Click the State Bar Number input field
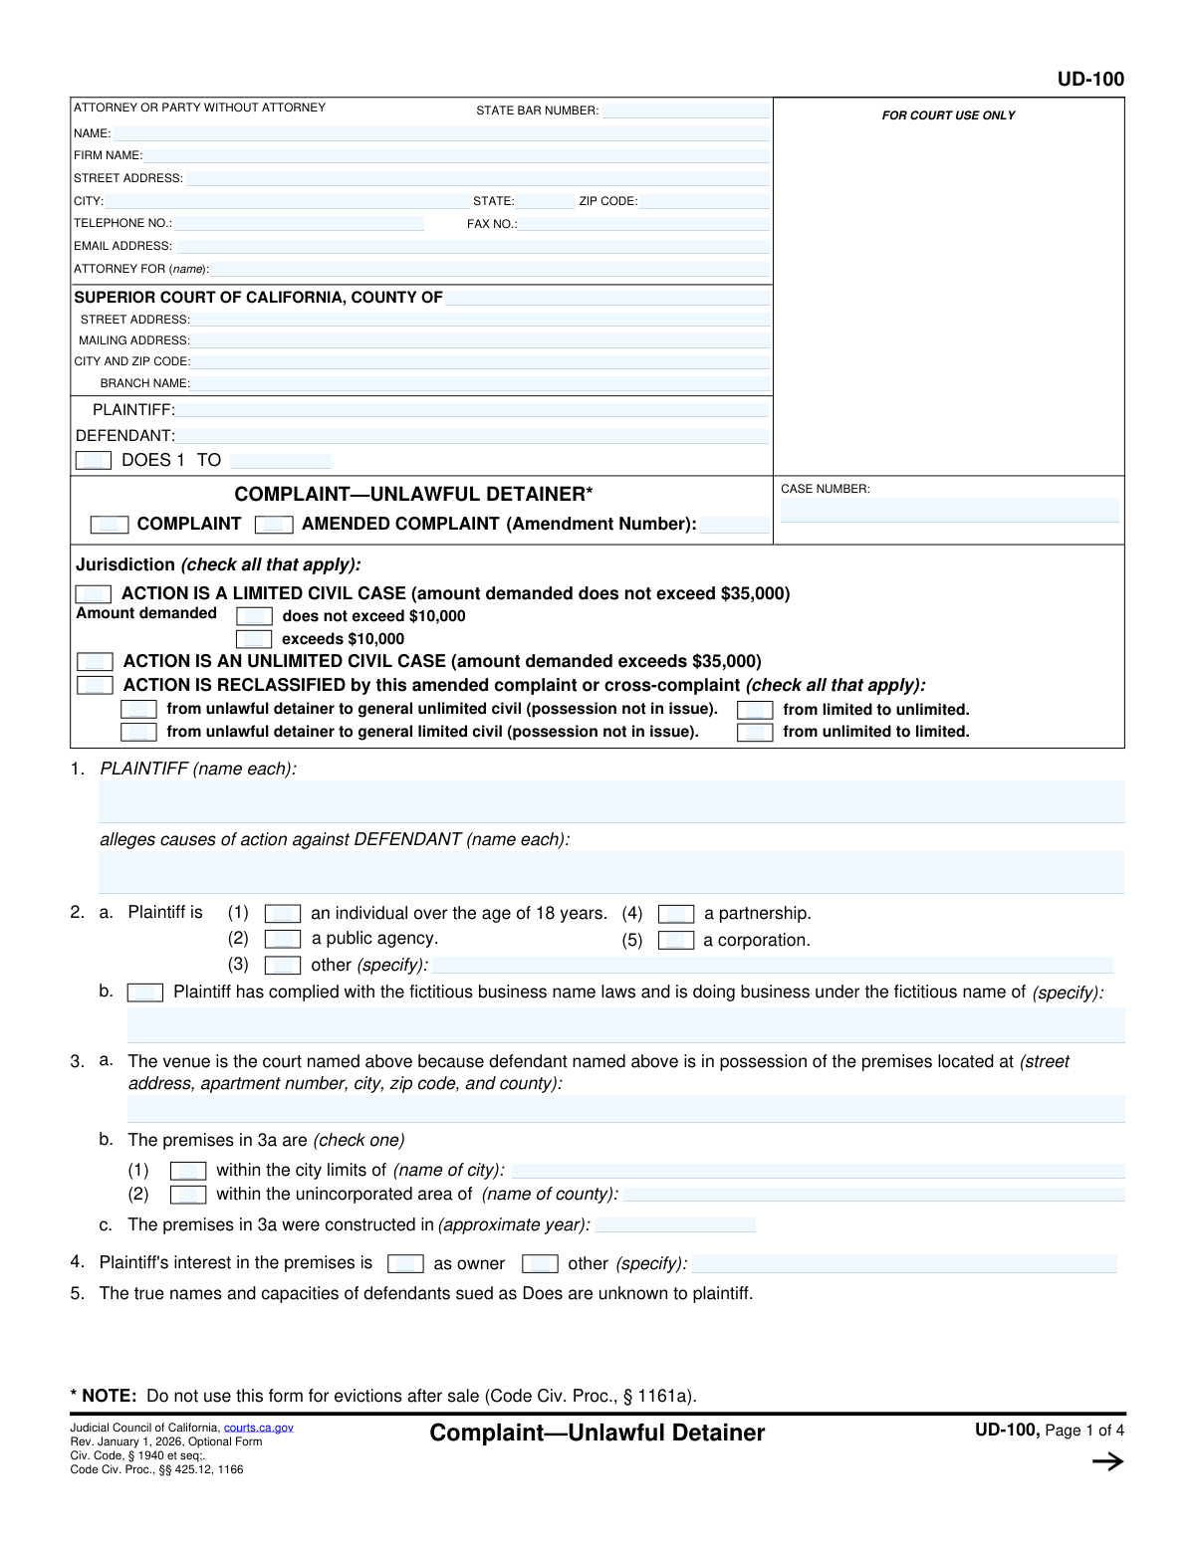coord(685,110)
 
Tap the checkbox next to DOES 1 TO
coord(94,460)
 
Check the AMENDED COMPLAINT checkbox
coord(274,525)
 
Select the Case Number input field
coord(949,510)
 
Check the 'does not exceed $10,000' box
coord(254,617)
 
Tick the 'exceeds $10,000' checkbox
coord(254,639)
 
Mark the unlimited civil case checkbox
coord(95,662)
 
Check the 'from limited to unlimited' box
coord(755,710)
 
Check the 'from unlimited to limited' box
coord(755,733)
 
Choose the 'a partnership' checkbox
coord(676,914)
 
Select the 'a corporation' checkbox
coord(676,941)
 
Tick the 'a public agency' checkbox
coord(283,939)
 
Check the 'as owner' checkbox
coord(405,1264)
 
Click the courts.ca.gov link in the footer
coord(258,1428)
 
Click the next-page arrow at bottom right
coord(1107,1461)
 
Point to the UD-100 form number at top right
coord(1090,80)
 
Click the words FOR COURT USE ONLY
coord(948,115)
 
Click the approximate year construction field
coord(675,1225)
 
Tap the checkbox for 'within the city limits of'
coord(188,1171)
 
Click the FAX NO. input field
coord(643,224)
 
